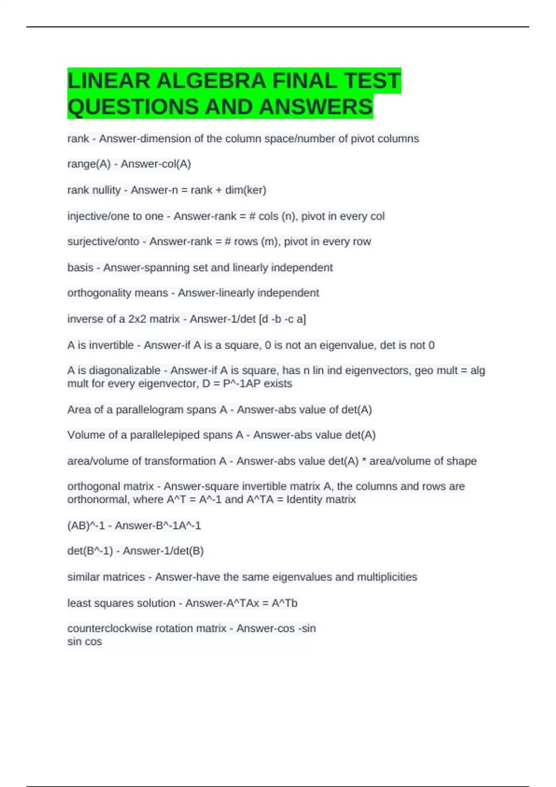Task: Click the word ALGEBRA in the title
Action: [211, 81]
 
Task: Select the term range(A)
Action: [89, 164]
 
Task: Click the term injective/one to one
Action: [115, 216]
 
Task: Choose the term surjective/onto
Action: [103, 242]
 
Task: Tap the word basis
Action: [80, 268]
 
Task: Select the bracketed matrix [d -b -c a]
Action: [282, 319]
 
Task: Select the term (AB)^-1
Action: [86, 525]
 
